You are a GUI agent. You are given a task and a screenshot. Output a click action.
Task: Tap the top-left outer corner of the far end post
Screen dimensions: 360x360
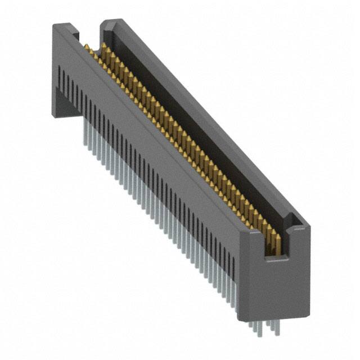pyautogui.click(x=55, y=26)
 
